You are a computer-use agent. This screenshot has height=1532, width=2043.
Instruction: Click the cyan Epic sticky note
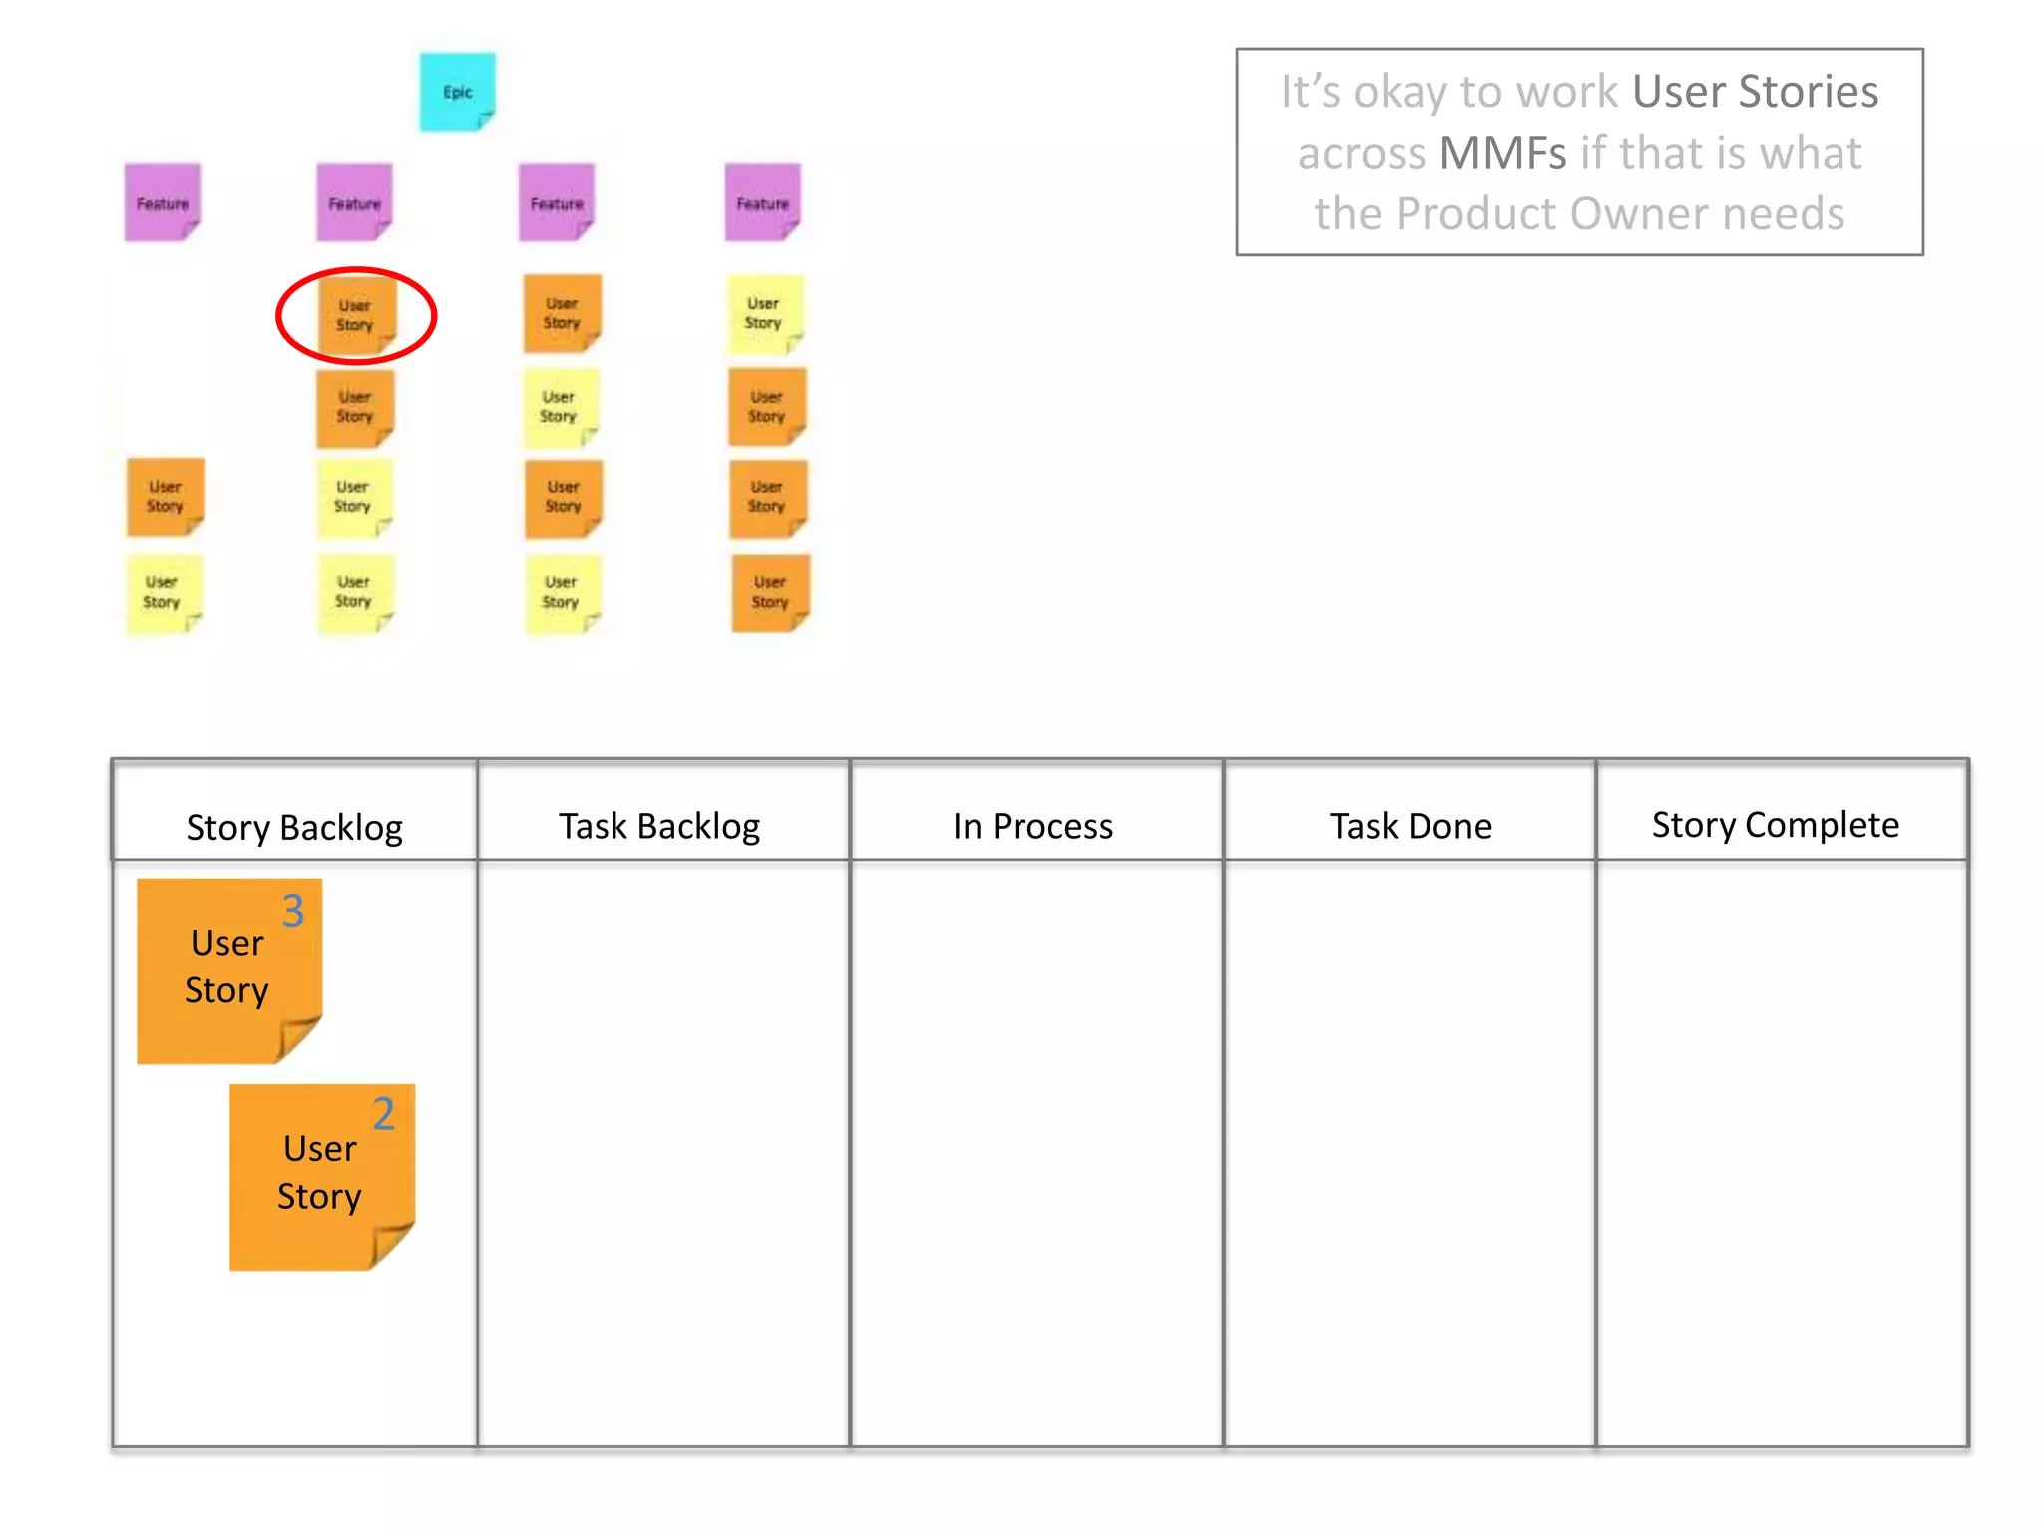457,92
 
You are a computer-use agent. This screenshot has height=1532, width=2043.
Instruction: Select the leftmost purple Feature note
162,202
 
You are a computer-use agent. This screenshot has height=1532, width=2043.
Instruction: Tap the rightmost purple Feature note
762,202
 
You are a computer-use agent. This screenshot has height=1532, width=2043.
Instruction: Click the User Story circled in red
355,315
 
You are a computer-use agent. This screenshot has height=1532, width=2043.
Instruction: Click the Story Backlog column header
293,827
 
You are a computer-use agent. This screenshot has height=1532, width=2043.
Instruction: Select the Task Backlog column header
659,826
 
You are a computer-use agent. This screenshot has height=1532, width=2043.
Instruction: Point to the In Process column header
1032,826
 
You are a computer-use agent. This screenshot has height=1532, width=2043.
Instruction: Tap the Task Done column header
1410,826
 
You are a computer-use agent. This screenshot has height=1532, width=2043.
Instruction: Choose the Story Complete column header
1775,825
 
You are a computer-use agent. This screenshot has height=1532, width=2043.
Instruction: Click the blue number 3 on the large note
292,911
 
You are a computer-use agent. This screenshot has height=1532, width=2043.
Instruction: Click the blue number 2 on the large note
384,1114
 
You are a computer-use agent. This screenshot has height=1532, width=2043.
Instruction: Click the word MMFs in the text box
1502,154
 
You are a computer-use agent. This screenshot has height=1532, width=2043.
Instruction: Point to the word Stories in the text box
1808,92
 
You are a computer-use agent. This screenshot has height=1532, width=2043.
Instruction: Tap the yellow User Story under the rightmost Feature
764,313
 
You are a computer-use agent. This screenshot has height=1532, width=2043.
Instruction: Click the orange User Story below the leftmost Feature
166,497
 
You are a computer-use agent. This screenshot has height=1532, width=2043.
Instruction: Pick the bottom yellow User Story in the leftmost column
163,592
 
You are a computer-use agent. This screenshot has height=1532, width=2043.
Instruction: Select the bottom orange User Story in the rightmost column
769,592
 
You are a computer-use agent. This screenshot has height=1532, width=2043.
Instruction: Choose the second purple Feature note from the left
354,202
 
